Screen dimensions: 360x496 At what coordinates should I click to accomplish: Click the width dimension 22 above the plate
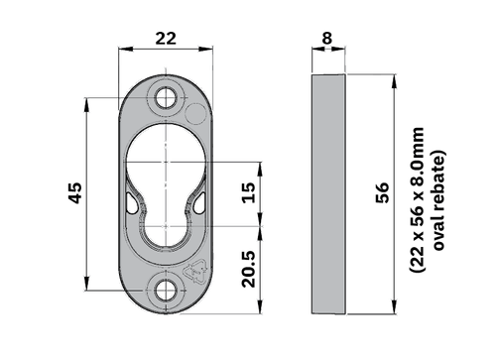(x=165, y=37)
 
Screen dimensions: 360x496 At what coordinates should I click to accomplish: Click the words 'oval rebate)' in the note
(x=437, y=195)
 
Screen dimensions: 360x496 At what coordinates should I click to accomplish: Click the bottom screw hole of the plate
(x=165, y=289)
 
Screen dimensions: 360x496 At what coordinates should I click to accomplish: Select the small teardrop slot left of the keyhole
(x=132, y=202)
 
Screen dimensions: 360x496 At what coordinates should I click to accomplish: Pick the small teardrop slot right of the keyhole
(x=197, y=202)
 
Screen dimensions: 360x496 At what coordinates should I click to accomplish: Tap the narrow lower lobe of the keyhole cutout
(x=165, y=228)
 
